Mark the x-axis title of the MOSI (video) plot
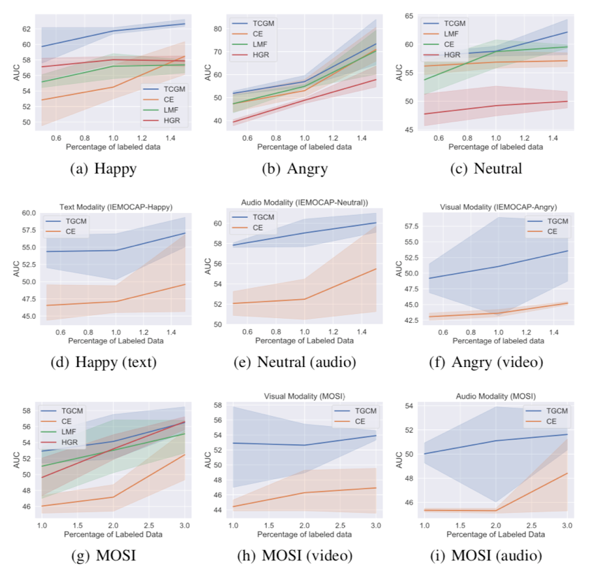click(x=307, y=533)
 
